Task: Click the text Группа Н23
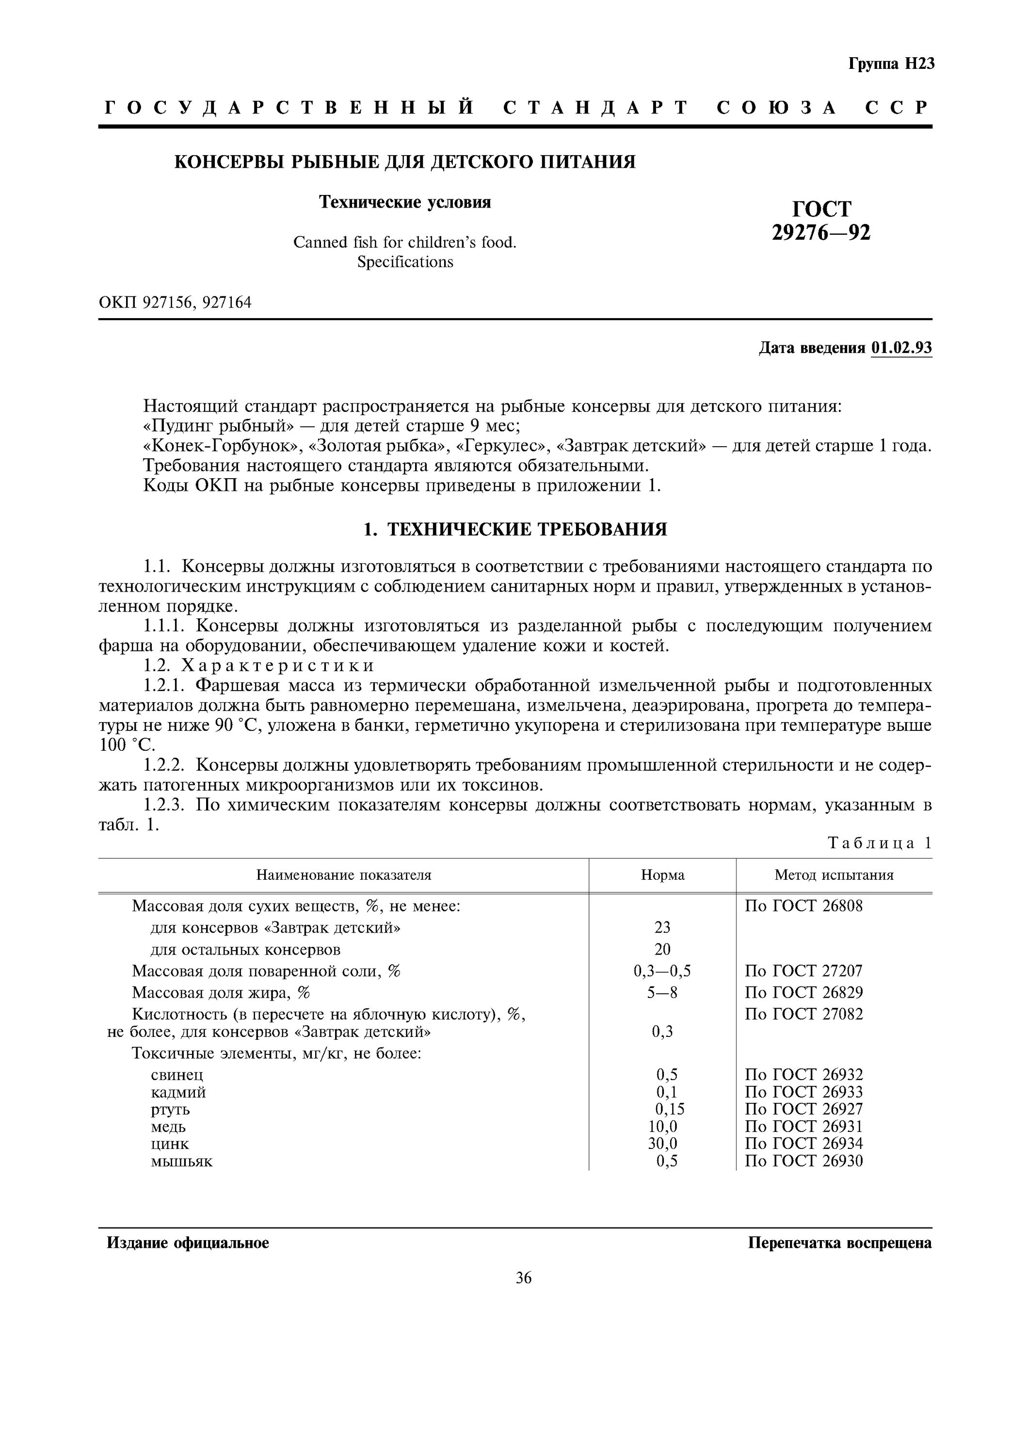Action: coord(891,64)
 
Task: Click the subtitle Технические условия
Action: coord(405,202)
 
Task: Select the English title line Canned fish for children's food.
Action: coord(405,242)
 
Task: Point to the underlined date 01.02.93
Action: coord(901,348)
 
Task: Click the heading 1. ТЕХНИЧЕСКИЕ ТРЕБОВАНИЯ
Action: coord(515,529)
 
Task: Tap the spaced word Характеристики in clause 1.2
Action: coord(278,665)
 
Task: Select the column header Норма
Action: coord(662,875)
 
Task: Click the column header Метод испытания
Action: coord(834,875)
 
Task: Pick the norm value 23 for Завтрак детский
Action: coord(662,928)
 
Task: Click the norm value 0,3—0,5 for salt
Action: coord(662,971)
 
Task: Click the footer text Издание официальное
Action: coord(188,1243)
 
